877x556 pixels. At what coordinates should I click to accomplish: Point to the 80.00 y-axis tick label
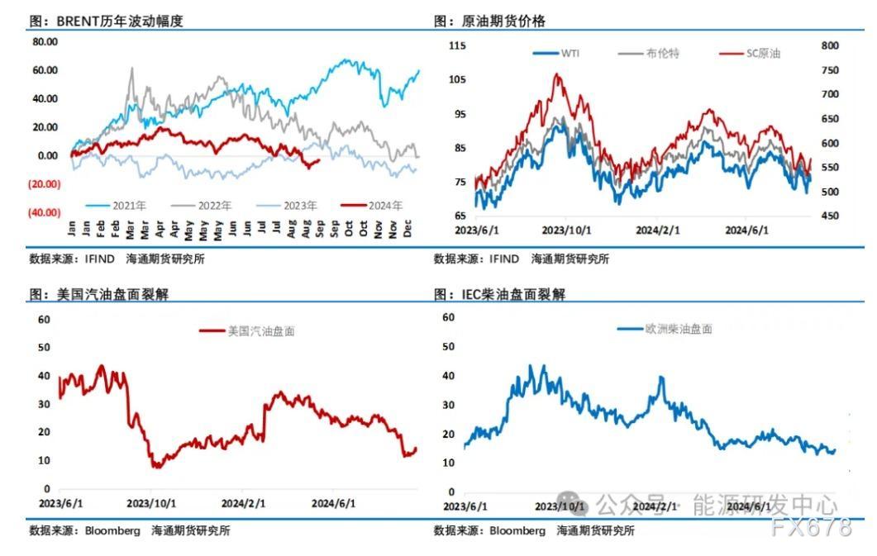coord(45,41)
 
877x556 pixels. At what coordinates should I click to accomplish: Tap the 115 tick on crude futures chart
coord(457,45)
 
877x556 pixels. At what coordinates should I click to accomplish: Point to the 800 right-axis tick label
coord(830,45)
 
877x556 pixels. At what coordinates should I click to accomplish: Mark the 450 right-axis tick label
coord(830,216)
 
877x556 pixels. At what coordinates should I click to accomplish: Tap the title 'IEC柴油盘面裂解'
coord(517,295)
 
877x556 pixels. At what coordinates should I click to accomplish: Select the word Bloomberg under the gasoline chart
coord(112,531)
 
